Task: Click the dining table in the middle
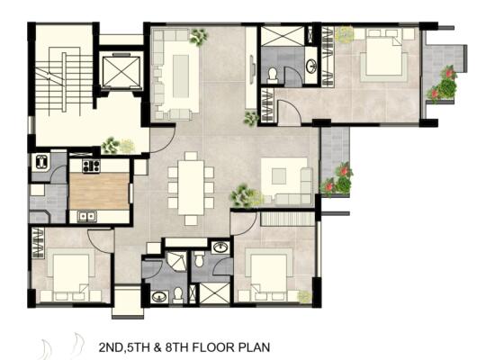click(191, 188)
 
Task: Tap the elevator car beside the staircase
click(121, 72)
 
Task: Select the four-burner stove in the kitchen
click(91, 166)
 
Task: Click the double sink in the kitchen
click(87, 216)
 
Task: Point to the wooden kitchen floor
click(99, 191)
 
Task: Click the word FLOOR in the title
click(213, 347)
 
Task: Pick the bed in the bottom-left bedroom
click(71, 274)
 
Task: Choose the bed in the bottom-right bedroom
click(269, 274)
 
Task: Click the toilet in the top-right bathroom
click(272, 76)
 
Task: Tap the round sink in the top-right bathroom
click(311, 66)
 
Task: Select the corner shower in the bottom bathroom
click(176, 261)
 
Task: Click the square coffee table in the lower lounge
click(279, 176)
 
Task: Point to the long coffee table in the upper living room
click(181, 76)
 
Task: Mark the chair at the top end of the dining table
click(191, 156)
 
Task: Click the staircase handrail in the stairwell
click(64, 82)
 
